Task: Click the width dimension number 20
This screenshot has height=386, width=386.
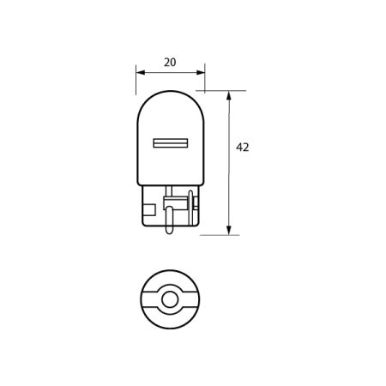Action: pos(170,63)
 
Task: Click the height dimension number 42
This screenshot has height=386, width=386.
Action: pos(242,148)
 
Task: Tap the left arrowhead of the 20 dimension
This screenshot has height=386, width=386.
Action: pos(139,73)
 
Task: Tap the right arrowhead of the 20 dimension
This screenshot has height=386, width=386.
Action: pos(202,73)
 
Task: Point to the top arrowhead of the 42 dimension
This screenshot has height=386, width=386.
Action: pos(229,94)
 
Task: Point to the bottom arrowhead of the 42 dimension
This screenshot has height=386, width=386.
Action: pos(229,230)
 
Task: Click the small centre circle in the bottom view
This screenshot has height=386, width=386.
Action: pos(171,299)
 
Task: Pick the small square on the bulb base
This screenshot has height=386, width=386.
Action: pos(151,208)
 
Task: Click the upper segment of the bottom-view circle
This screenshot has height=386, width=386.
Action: pos(171,280)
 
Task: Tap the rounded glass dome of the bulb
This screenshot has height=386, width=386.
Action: pos(171,112)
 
